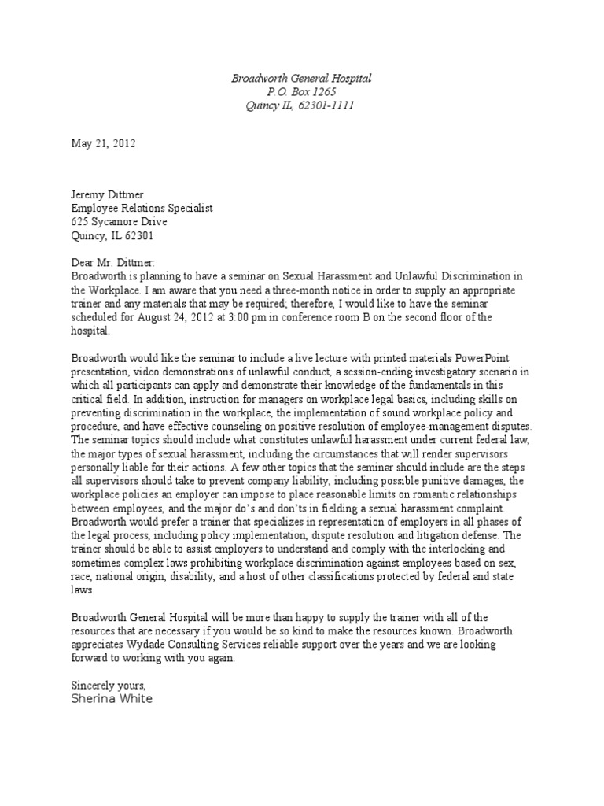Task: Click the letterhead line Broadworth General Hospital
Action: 301,79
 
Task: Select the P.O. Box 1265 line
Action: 301,92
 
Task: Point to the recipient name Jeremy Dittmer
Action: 108,195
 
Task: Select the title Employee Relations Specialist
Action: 142,209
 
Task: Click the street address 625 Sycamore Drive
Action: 120,222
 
